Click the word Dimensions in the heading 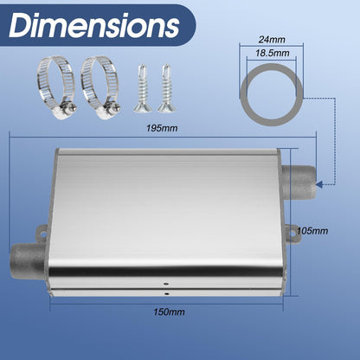click(94, 25)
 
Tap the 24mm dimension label click(272, 39)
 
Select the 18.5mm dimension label click(272, 53)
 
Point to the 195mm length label click(162, 128)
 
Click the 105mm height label click(312, 231)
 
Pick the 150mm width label click(169, 312)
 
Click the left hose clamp click(56, 87)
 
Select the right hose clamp click(100, 87)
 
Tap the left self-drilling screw click(143, 88)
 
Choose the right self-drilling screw click(167, 88)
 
